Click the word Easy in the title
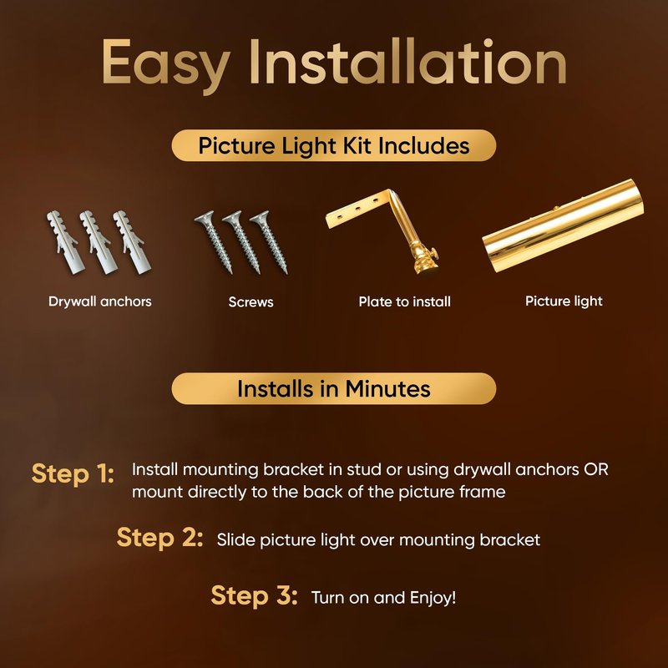(166, 64)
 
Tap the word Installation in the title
(407, 62)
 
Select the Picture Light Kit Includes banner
(333, 145)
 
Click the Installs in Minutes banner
(333, 388)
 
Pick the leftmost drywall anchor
(65, 242)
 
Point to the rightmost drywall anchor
(132, 242)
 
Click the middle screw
(241, 242)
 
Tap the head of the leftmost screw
(204, 219)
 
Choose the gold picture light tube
(563, 225)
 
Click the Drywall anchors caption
(99, 301)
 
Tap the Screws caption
(250, 302)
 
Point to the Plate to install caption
(404, 301)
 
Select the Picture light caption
(564, 301)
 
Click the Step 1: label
(73, 473)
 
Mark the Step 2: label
(159, 537)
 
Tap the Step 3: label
(254, 595)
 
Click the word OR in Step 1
(596, 469)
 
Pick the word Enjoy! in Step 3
(433, 598)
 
